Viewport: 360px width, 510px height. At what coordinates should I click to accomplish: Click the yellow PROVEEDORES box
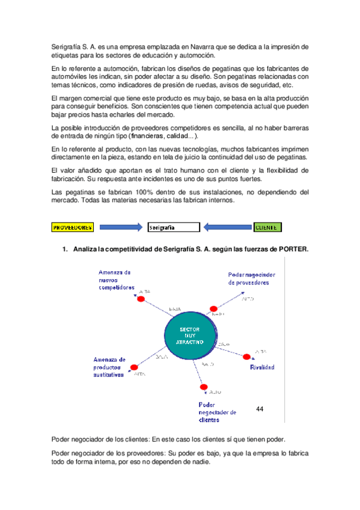click(x=73, y=227)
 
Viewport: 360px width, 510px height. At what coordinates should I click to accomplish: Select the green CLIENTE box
click(x=266, y=227)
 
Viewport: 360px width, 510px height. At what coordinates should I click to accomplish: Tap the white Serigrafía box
click(x=173, y=227)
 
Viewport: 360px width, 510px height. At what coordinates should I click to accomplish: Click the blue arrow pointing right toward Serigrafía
click(x=121, y=227)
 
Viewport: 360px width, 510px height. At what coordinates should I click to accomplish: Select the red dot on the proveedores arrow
click(x=213, y=309)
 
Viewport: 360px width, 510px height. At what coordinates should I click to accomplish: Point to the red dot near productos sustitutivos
click(x=134, y=367)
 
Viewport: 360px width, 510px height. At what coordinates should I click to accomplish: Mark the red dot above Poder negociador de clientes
click(x=204, y=387)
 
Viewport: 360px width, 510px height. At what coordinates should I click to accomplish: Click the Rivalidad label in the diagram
click(x=262, y=367)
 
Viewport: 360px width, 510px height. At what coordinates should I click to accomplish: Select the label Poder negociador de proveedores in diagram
click(x=249, y=278)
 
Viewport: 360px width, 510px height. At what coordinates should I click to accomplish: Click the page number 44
click(x=260, y=409)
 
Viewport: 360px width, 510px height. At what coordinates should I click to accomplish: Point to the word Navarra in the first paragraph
click(x=195, y=46)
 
